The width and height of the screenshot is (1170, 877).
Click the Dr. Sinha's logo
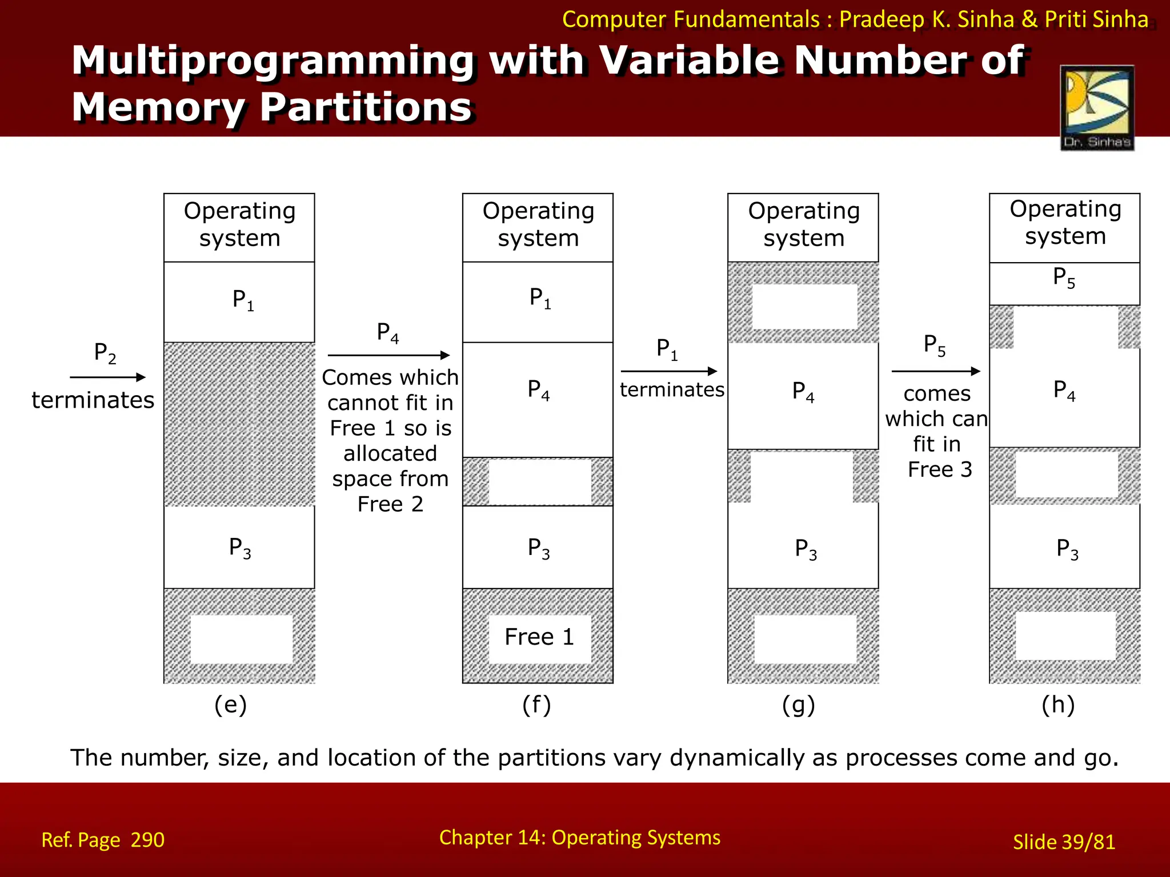point(1097,108)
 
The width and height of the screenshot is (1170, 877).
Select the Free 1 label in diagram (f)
point(539,637)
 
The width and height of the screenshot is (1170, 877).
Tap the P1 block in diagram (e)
point(239,301)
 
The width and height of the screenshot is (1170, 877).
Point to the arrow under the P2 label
point(107,377)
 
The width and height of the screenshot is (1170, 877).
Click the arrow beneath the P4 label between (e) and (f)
point(388,355)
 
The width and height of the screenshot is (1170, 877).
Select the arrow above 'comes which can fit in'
point(935,371)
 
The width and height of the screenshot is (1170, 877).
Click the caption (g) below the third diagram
point(798,705)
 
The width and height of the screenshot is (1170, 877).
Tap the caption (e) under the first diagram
point(230,705)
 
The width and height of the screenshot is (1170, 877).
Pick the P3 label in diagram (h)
point(1067,549)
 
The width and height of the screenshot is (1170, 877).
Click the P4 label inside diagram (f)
point(538,390)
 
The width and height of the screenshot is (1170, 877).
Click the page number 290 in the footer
point(147,840)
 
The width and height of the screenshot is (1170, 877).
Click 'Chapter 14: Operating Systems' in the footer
point(579,838)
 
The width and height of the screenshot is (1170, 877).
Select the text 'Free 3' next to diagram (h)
point(940,469)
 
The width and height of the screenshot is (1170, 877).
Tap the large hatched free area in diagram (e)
point(239,424)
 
